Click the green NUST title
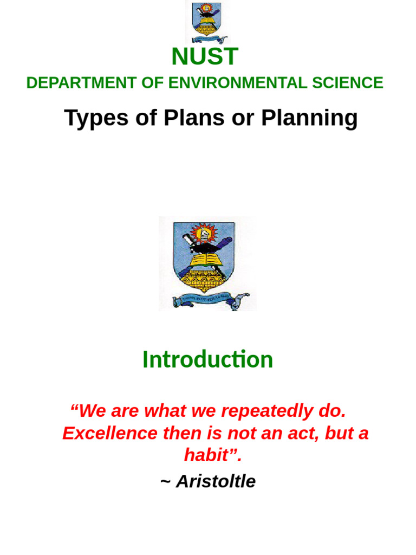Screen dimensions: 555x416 click(x=205, y=57)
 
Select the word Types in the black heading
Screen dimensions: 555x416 click(x=95, y=118)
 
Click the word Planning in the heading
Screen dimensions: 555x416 click(x=309, y=118)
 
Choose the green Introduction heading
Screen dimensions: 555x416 click(x=207, y=359)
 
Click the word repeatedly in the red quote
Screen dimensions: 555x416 click(x=267, y=411)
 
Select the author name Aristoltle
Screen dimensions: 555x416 click(x=216, y=481)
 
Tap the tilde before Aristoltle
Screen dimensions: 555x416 click(x=165, y=481)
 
